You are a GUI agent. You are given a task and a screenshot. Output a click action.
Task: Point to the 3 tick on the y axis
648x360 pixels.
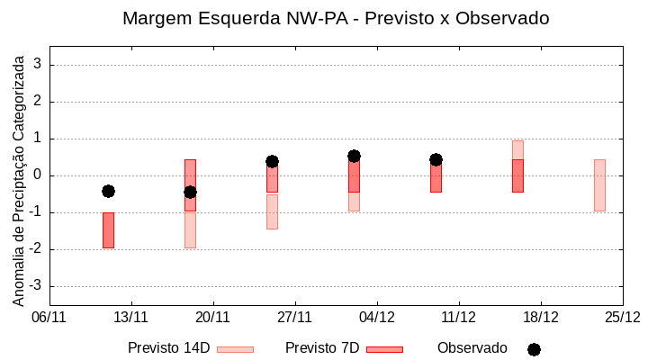click(x=38, y=65)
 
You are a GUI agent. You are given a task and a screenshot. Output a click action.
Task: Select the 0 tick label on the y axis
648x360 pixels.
click(x=38, y=175)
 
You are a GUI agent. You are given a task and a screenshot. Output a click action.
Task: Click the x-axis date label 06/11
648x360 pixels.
click(x=49, y=317)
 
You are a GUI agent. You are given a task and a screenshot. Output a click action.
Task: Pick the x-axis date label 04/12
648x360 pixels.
click(x=377, y=317)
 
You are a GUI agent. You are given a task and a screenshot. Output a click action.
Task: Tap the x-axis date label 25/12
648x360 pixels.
click(x=623, y=317)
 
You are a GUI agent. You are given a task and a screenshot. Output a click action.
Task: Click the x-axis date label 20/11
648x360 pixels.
click(x=213, y=317)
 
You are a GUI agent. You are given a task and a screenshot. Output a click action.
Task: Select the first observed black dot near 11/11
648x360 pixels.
click(x=108, y=191)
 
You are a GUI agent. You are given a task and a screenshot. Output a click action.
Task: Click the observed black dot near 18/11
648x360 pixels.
click(x=190, y=192)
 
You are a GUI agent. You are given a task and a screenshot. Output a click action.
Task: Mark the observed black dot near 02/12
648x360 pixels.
click(x=354, y=157)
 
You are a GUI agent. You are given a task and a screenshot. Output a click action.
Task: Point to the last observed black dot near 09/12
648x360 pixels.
click(x=436, y=159)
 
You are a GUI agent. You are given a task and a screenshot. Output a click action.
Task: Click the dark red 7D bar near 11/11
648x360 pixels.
click(x=108, y=230)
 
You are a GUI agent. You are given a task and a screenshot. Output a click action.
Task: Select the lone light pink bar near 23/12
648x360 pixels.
click(x=599, y=185)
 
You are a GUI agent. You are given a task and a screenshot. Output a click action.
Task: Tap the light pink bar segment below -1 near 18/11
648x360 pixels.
click(x=190, y=229)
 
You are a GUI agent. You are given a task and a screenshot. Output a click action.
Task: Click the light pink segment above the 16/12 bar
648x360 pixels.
click(x=517, y=149)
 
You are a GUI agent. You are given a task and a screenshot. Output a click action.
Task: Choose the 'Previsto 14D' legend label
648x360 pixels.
click(x=168, y=348)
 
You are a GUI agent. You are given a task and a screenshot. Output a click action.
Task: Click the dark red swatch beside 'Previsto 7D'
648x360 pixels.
click(x=384, y=349)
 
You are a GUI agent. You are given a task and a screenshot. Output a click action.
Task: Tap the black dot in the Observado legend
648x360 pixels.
click(x=534, y=349)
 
